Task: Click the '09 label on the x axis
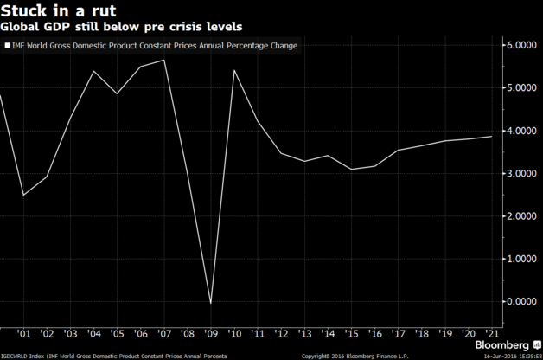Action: (210, 334)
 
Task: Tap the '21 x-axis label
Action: (494, 334)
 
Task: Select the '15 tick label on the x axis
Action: (352, 334)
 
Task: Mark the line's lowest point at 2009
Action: (210, 304)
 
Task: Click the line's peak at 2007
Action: (163, 60)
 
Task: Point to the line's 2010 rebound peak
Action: (234, 70)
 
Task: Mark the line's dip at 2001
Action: (24, 195)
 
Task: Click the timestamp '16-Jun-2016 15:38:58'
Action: (508, 356)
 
